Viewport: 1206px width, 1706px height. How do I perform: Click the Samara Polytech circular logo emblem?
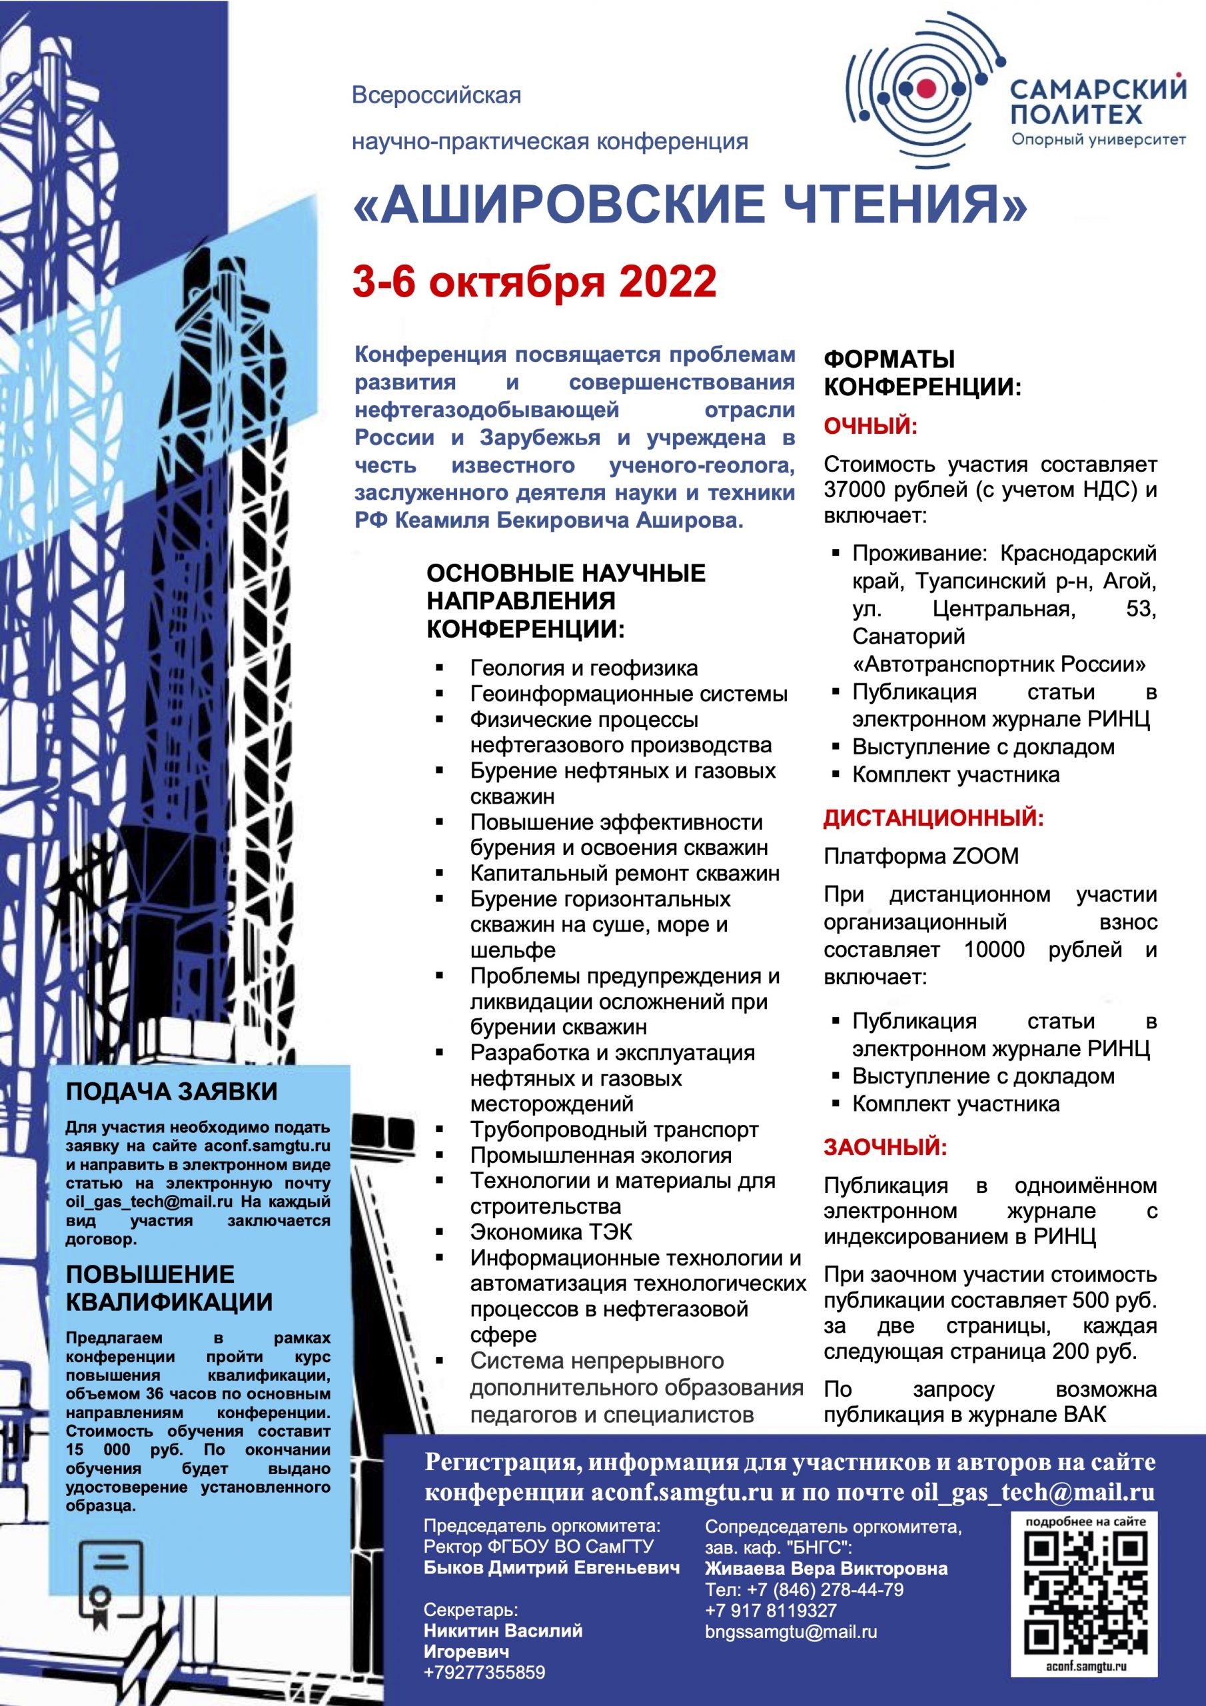pyautogui.click(x=925, y=89)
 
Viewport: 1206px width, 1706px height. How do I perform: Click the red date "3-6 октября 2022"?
pyautogui.click(x=534, y=282)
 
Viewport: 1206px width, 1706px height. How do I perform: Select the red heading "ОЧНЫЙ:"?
pyautogui.click(x=871, y=426)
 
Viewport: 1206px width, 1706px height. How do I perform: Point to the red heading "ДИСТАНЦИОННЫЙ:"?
pyautogui.click(x=933, y=818)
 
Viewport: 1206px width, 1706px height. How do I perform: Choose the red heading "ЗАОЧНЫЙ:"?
pyautogui.click(x=885, y=1148)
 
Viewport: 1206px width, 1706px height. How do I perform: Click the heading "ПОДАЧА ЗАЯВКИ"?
pyautogui.click(x=172, y=1092)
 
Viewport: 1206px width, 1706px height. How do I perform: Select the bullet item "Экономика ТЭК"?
pyautogui.click(x=550, y=1232)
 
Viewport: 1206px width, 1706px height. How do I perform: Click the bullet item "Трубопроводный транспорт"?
pyautogui.click(x=614, y=1130)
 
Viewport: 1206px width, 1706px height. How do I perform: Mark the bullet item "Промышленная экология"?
pyautogui.click(x=600, y=1156)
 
